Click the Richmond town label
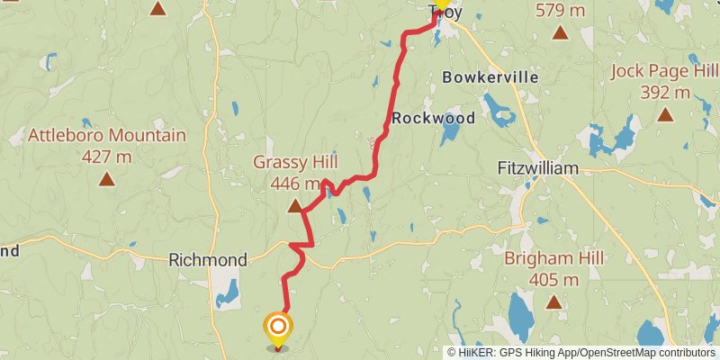tap(208, 260)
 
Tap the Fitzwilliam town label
tap(538, 168)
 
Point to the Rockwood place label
tap(433, 118)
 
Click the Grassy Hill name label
tap(295, 163)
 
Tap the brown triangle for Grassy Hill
tap(295, 207)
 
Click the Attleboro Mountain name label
tap(107, 136)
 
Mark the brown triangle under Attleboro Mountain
tap(107, 178)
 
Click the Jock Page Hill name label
tap(665, 71)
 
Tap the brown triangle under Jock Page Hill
tap(665, 114)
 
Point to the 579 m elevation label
tap(561, 11)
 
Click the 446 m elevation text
tap(295, 184)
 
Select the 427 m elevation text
tap(107, 157)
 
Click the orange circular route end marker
tap(278, 327)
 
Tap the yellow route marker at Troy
tap(441, 4)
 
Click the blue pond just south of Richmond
tap(227, 292)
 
